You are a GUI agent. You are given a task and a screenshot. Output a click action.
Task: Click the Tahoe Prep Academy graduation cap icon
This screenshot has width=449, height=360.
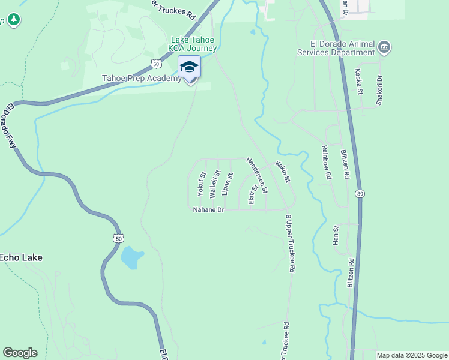pos(189,67)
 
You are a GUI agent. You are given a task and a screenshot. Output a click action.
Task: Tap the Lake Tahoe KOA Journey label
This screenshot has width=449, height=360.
pos(189,44)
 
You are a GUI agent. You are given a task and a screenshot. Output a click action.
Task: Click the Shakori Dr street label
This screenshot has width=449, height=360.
pos(379,90)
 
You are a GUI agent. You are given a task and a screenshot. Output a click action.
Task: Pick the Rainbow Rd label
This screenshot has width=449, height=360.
pos(327,163)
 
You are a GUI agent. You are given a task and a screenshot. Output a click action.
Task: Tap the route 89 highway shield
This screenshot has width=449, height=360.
pos(359,193)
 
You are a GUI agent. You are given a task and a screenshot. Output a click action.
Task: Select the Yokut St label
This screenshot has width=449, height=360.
pos(202,185)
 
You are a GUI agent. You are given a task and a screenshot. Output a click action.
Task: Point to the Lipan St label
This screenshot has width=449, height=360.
pos(227,184)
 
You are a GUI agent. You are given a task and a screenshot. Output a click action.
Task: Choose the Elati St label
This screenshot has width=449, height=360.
pos(253,194)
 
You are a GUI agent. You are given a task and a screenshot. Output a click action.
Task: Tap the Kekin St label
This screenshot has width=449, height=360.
pos(283,172)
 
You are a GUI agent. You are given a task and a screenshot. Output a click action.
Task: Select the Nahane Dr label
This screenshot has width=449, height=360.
pos(208,210)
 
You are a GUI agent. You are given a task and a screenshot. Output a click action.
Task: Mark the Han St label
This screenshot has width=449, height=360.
pos(336,235)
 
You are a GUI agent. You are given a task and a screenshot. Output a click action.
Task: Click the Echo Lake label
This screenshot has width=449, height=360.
pos(21,257)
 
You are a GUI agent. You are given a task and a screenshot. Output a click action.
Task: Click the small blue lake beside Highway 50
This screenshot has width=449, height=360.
pos(132,257)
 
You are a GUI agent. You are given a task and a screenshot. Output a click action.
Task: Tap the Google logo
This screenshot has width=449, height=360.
pos(20,353)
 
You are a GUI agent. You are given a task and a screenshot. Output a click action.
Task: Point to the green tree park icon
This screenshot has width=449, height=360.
pos(14,20)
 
